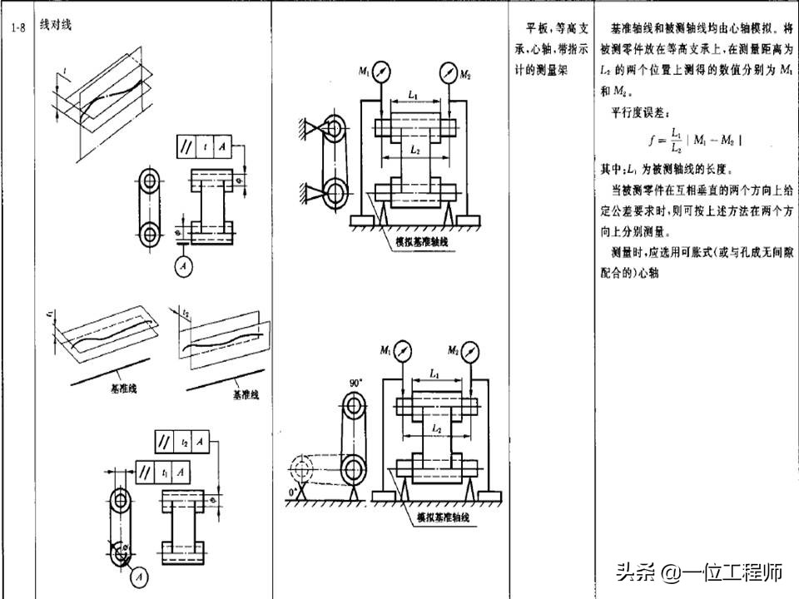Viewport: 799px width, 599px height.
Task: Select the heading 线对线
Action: [56, 26]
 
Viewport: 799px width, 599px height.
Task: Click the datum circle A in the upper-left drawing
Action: [182, 266]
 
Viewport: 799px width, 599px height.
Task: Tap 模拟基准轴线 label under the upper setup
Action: [420, 240]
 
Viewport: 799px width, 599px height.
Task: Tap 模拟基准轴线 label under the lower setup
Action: [443, 517]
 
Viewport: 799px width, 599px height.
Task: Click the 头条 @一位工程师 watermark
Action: [698, 572]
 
